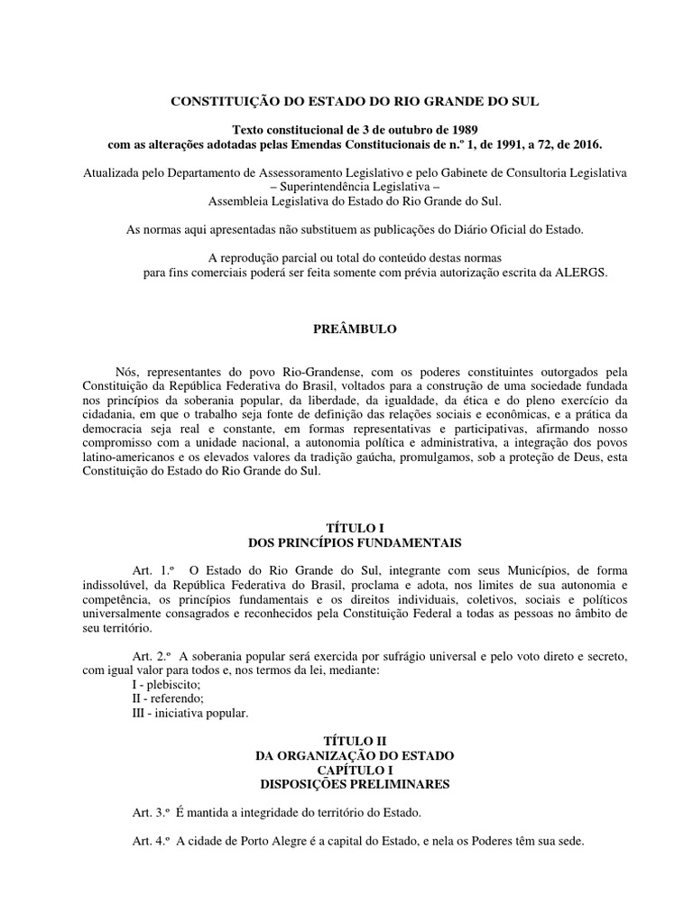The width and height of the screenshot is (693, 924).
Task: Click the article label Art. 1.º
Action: point(152,570)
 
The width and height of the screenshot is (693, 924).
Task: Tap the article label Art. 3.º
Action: point(152,813)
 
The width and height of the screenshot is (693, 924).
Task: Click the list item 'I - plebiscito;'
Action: point(166,685)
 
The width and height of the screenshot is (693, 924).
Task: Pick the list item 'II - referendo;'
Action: point(169,699)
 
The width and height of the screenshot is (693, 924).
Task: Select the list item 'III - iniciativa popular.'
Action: point(189,714)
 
